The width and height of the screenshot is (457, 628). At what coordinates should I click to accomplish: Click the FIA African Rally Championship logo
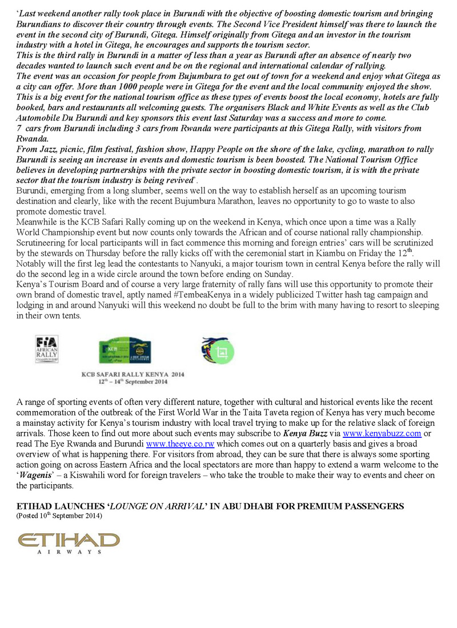47,349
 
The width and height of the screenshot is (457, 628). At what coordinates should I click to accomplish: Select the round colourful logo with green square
218,351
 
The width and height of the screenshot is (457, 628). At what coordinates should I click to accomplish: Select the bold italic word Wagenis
39,475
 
